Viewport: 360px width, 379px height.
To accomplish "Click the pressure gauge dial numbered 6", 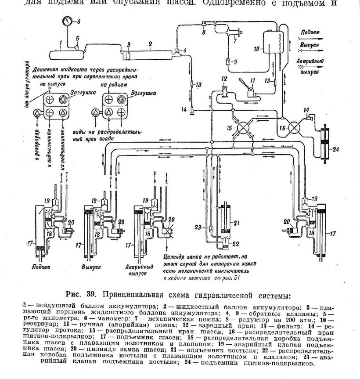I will coord(68,22).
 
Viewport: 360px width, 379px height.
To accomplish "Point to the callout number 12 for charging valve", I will coord(223,79).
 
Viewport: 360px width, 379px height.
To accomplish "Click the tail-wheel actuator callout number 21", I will coord(238,224).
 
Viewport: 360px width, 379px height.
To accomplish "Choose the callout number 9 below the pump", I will coord(235,62).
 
